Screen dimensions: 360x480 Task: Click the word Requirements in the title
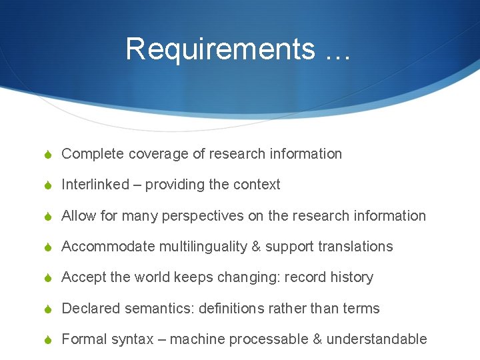pyautogui.click(x=221, y=49)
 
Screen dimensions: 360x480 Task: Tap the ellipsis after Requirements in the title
pyautogui.click(x=338, y=50)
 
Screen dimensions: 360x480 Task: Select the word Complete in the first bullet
pyautogui.click(x=93, y=154)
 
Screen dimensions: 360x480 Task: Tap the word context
pyautogui.click(x=257, y=185)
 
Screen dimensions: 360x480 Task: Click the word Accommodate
pyautogui.click(x=107, y=247)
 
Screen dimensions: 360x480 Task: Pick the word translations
pyautogui.click(x=355, y=247)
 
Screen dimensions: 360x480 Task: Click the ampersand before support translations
pyautogui.click(x=256, y=247)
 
